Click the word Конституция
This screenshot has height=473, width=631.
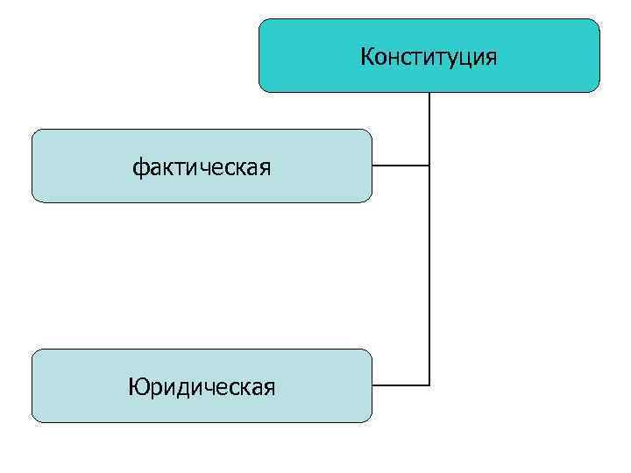pos(429,58)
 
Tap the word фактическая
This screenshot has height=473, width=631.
pos(202,166)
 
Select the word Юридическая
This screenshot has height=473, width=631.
pos(202,386)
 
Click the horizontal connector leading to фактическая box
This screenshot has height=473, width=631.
pos(401,165)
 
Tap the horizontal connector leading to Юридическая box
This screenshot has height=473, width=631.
pos(401,385)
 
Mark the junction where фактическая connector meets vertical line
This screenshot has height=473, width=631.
pos(429,165)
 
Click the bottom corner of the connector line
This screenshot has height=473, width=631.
pos(429,385)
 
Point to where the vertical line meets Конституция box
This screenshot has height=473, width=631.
pos(429,93)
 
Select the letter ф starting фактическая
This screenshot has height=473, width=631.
pos(138,166)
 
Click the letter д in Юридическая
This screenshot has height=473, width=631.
pos(186,388)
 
